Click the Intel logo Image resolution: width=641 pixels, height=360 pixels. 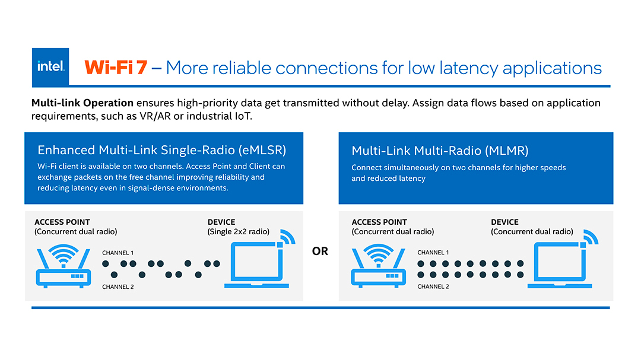(50, 66)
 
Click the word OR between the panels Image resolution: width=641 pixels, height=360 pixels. (320, 251)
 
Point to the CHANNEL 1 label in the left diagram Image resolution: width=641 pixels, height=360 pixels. (118, 253)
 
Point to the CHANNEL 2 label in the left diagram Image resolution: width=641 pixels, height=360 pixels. (118, 286)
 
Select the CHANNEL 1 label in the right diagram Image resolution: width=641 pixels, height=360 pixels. (433, 253)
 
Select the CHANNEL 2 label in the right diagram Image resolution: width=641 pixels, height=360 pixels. (433, 286)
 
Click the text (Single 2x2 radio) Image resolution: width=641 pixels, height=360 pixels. (238, 231)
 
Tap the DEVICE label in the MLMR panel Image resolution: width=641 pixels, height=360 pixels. (504, 222)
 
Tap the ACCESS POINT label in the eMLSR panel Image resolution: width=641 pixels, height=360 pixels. (62, 222)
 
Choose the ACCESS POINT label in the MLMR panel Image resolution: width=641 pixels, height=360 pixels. (379, 222)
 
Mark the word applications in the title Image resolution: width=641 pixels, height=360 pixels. (552, 68)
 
